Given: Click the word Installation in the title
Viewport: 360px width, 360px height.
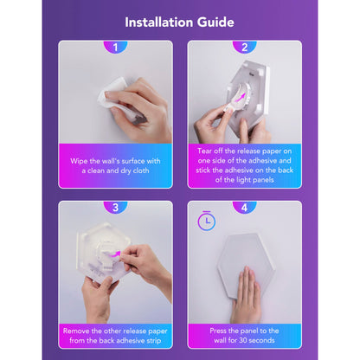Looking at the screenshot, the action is (159, 22).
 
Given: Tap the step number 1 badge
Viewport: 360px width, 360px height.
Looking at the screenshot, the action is (115, 47).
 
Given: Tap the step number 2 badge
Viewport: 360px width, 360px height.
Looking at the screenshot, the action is (245, 47).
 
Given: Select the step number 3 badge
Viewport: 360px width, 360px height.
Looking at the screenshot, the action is (115, 207).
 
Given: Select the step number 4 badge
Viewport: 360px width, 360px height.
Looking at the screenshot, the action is (245, 207).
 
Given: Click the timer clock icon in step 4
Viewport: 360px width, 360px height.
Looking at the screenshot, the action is (207, 221).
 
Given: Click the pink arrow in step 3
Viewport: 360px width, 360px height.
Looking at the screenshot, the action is (115, 254).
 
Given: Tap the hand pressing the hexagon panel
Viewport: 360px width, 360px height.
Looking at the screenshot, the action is (246, 294).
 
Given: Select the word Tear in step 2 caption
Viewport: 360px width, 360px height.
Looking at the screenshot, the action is (204, 151).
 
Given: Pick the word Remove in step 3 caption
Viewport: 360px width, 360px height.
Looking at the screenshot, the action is (76, 331).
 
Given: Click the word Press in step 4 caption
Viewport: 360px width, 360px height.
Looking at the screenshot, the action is (218, 331).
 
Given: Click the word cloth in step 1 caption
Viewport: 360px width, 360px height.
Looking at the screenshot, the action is (141, 170).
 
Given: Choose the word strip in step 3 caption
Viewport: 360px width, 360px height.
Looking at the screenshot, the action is (153, 341).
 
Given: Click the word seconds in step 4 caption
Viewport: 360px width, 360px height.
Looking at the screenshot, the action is (262, 340).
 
